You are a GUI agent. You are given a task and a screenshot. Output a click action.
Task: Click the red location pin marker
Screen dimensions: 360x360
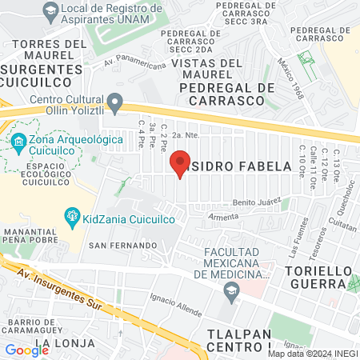pyautogui.click(x=181, y=163)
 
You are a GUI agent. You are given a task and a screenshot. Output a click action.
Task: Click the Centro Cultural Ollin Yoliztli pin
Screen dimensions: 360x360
pyautogui.click(x=116, y=102)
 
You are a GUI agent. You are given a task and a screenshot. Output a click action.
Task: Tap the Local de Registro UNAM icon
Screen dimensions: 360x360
pyautogui.click(x=51, y=10)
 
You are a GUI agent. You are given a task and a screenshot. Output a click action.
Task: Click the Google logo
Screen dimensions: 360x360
pyautogui.click(x=26, y=350)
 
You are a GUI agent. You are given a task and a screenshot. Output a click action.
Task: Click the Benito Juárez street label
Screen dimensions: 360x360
pyautogui.click(x=258, y=202)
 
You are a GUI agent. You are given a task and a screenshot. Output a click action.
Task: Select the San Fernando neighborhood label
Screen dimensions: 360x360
pyautogui.click(x=122, y=244)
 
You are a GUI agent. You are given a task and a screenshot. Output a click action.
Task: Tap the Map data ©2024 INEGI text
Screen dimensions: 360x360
pyautogui.click(x=312, y=353)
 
